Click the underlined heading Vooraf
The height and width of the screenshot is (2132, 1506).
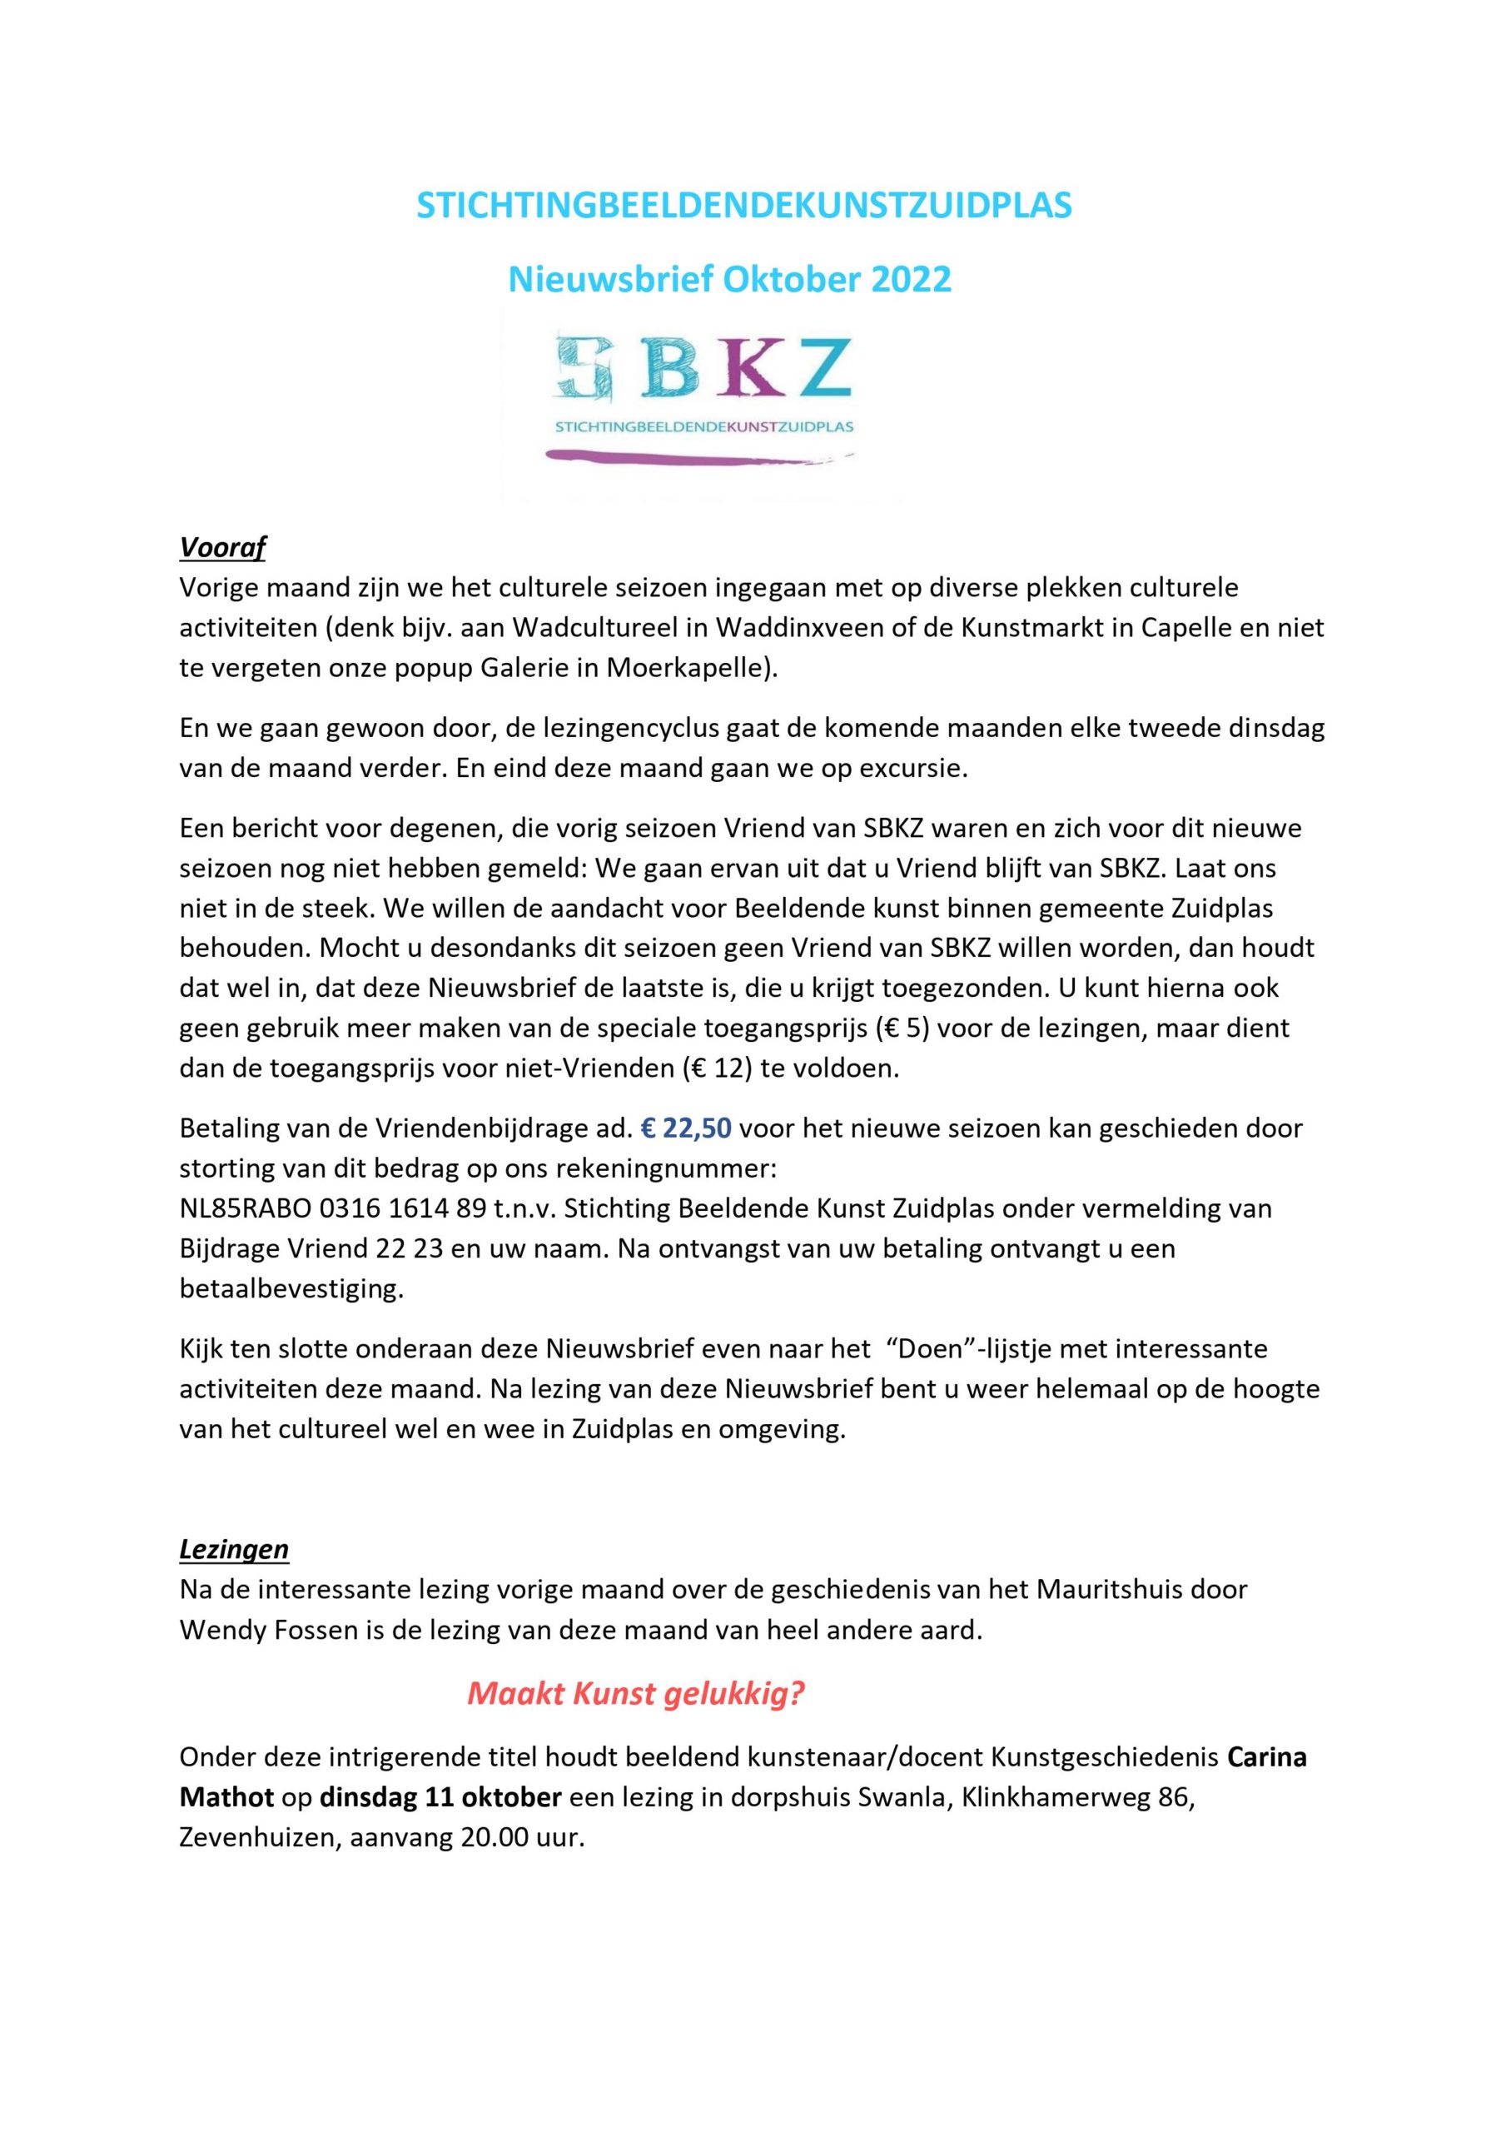(x=222, y=548)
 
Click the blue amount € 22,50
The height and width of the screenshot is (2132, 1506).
(x=686, y=1128)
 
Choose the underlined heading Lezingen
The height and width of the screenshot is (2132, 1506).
(x=234, y=1550)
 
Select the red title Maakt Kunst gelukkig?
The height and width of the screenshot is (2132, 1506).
(x=635, y=1694)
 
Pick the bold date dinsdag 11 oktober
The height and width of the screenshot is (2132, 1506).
(x=440, y=1798)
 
